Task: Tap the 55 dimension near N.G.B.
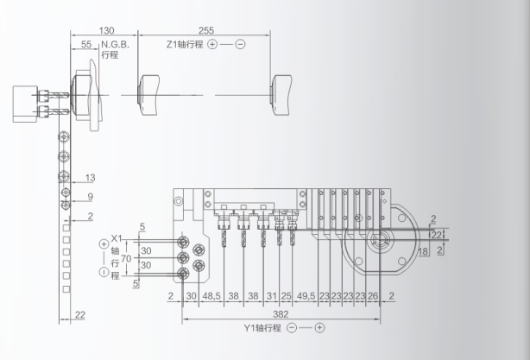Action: coord(86,43)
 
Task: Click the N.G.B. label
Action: coord(117,44)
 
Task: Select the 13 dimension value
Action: coord(91,179)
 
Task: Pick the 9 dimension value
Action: coord(91,197)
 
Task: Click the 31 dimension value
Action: coord(271,296)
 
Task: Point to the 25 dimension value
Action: coord(286,296)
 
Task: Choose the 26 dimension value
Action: coord(373,296)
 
